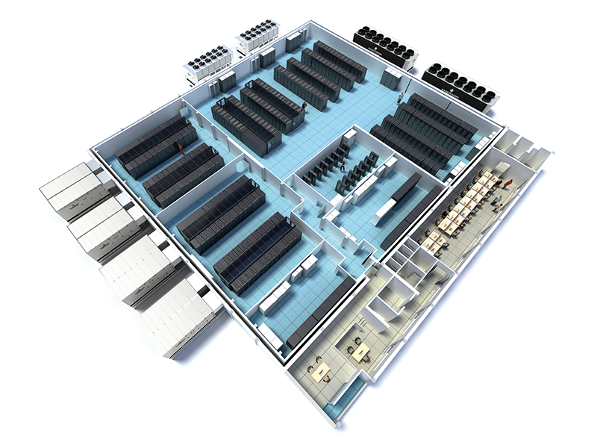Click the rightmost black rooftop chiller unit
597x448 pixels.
click(x=461, y=83)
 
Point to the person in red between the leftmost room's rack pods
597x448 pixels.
click(x=179, y=149)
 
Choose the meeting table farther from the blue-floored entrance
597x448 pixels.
click(x=358, y=349)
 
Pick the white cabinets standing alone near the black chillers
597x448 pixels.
click(x=390, y=77)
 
